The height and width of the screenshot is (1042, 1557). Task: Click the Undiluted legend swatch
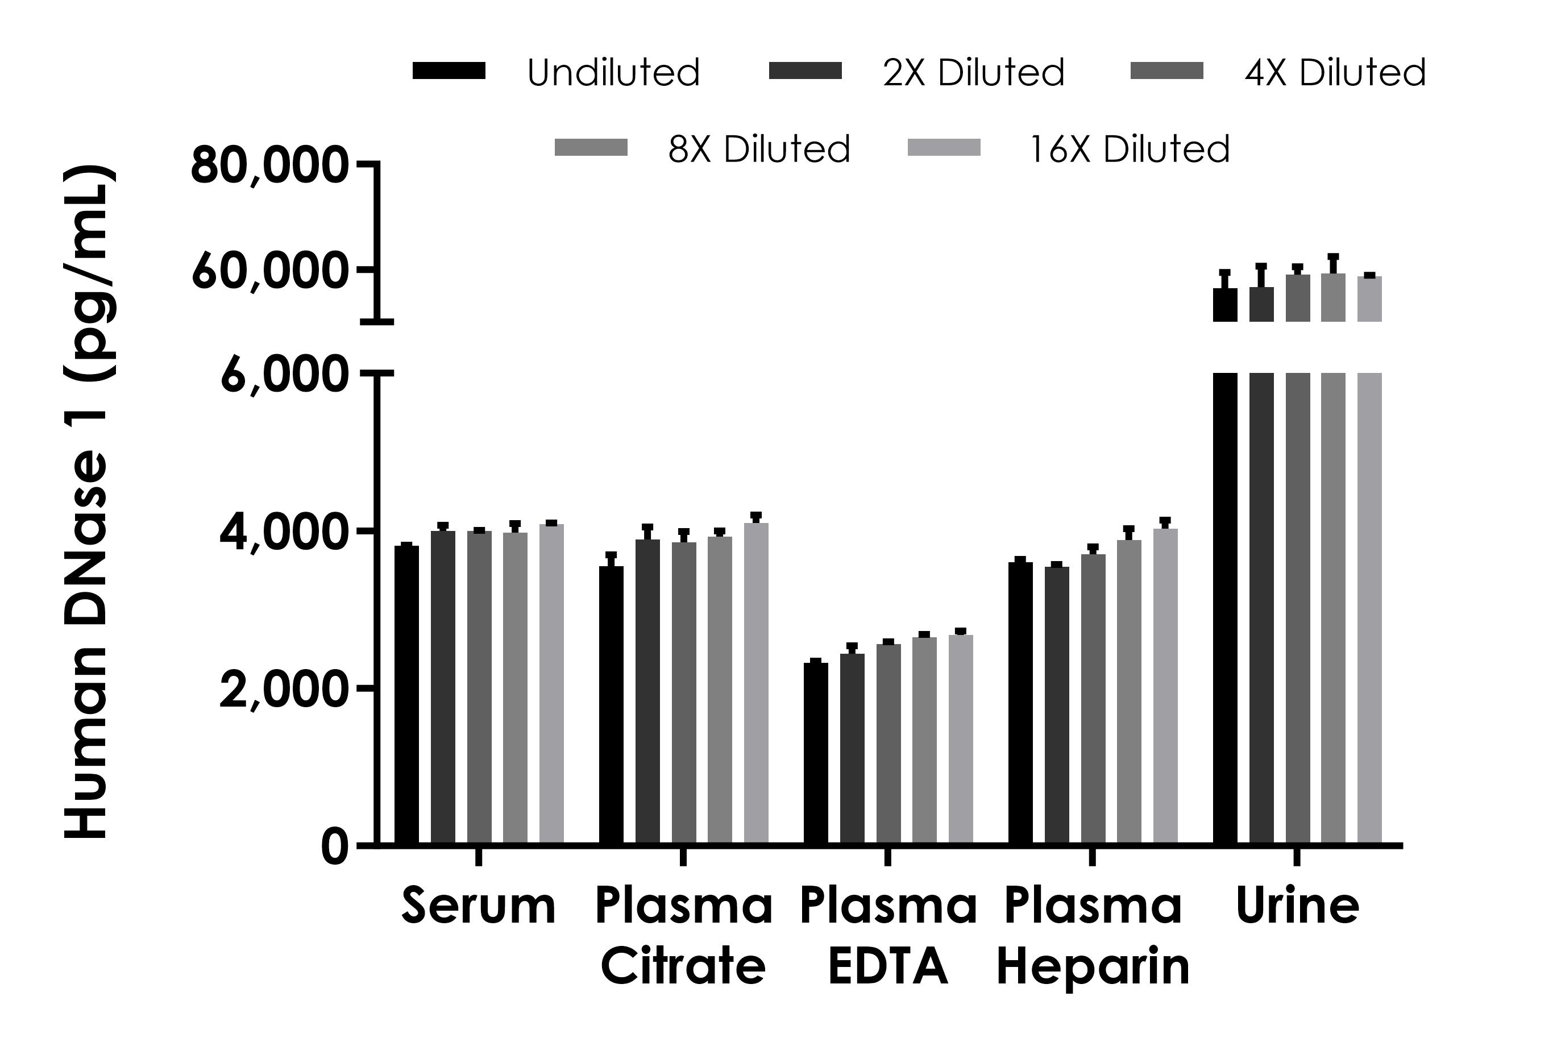coord(449,70)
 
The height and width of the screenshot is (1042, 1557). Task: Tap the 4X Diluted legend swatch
coord(1166,70)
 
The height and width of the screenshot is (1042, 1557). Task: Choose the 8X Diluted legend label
coord(759,148)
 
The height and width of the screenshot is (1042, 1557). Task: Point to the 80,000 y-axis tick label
coord(269,165)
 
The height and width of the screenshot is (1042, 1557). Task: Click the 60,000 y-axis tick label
coord(269,272)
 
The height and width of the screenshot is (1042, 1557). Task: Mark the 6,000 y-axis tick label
coord(284,375)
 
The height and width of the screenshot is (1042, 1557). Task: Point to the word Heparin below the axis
coord(1093,967)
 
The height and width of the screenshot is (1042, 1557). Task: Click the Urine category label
coord(1297,906)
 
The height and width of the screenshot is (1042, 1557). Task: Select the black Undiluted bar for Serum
coord(406,695)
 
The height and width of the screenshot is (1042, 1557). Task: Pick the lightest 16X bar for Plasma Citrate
coord(755,684)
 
